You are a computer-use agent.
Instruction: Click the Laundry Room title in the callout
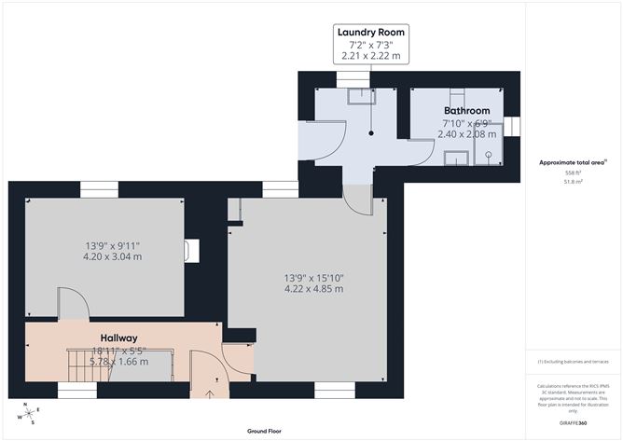point(372,33)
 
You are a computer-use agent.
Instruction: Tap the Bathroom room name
point(466,111)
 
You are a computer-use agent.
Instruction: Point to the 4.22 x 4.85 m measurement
point(313,289)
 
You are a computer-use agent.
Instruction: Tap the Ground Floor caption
point(266,432)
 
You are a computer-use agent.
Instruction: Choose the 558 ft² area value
point(572,173)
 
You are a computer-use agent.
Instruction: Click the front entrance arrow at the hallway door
point(207,393)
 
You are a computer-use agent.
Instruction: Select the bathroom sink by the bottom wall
point(455,158)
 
